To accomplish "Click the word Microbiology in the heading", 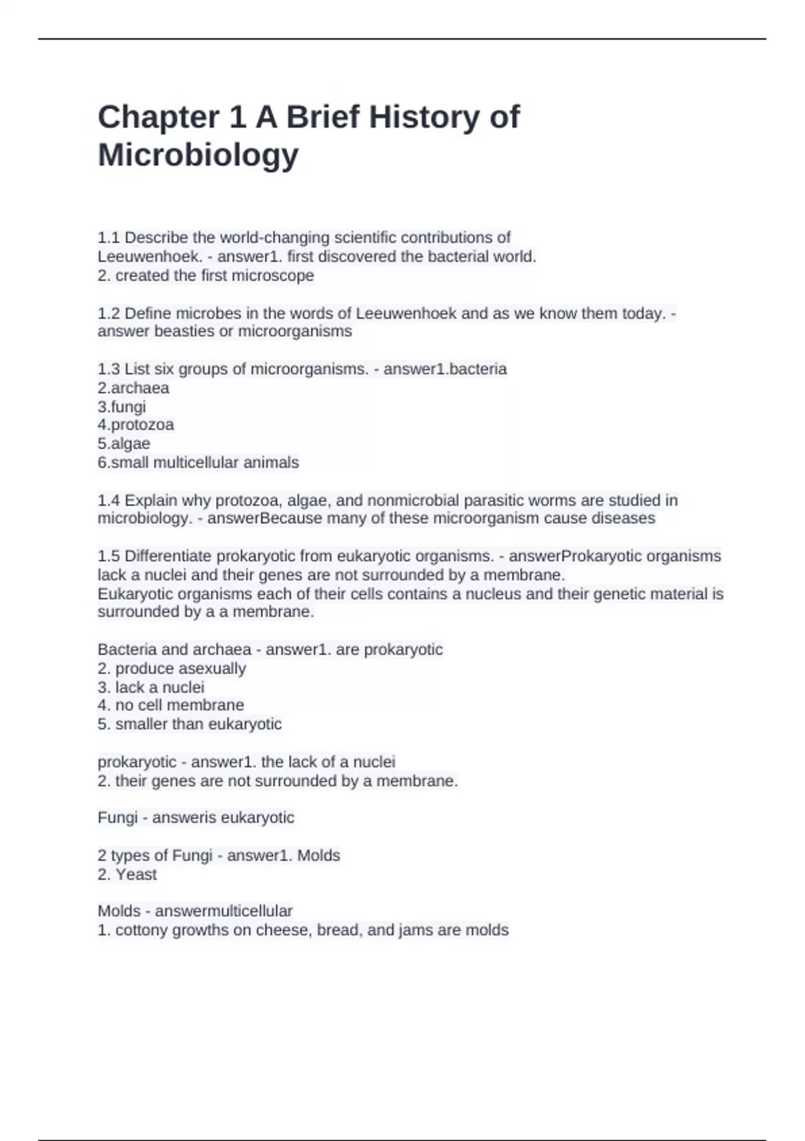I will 198,155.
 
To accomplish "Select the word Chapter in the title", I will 158,117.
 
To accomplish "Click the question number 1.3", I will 109,369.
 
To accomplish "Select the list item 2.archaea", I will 133,388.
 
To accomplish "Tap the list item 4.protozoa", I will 136,425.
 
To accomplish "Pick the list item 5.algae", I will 124,444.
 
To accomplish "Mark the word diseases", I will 623,519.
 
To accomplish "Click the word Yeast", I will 136,875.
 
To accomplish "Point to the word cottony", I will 142,930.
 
